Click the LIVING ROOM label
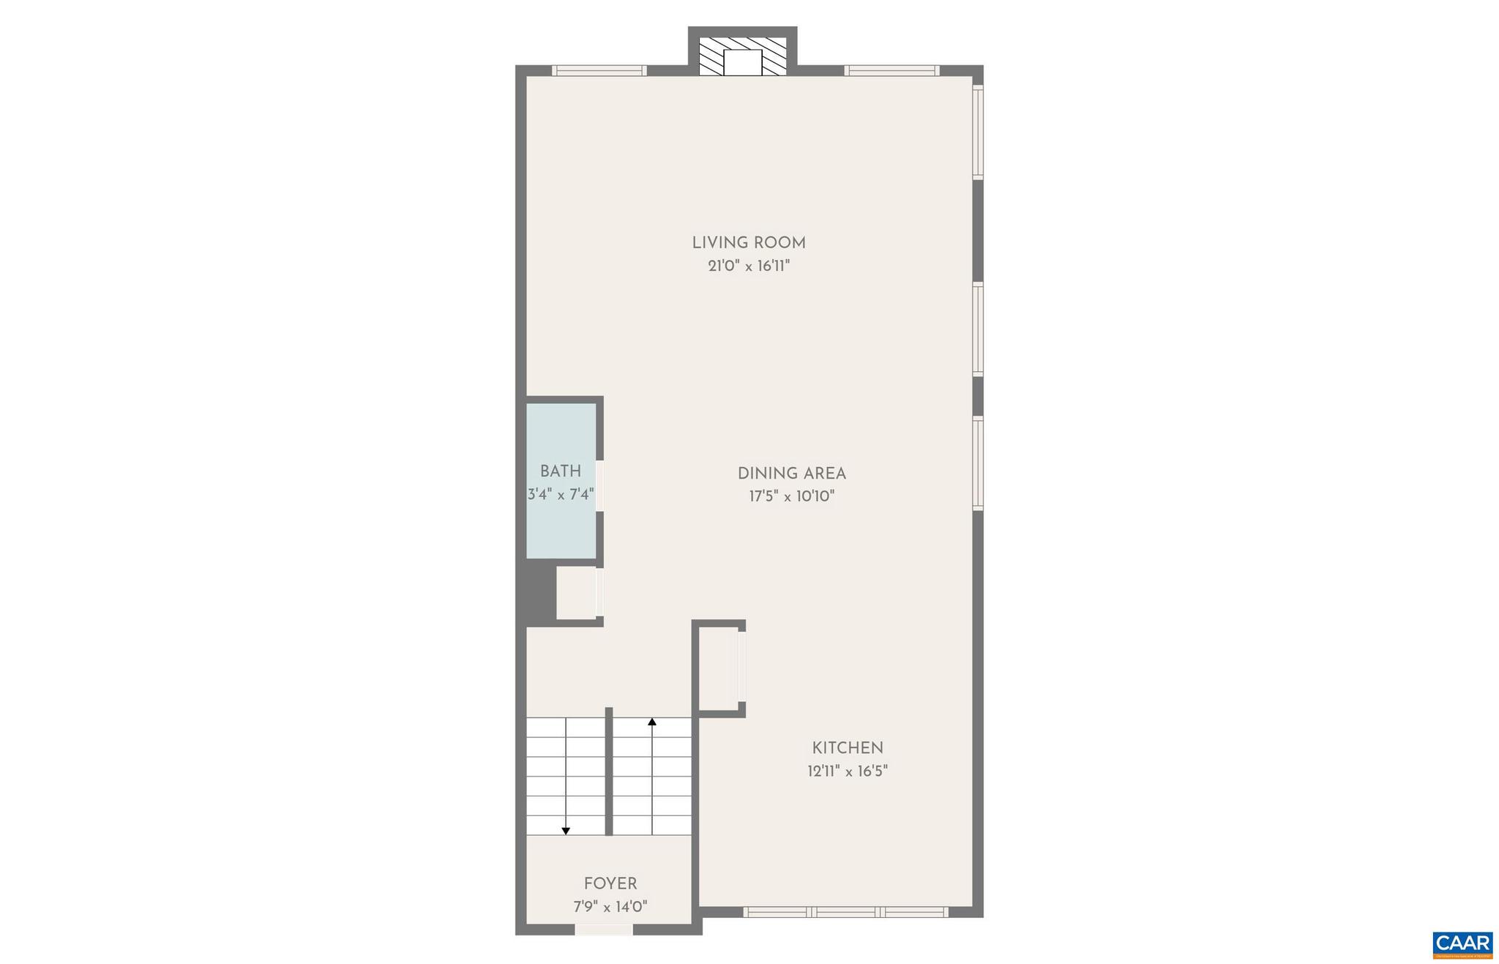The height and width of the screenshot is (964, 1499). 749,242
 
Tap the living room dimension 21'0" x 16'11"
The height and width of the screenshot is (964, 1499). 749,266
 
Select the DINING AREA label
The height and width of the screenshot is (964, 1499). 791,474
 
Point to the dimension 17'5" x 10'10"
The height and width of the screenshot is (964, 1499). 791,496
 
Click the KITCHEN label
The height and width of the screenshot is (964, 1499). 848,748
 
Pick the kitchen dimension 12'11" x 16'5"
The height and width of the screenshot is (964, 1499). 848,771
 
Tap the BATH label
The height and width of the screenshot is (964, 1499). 561,471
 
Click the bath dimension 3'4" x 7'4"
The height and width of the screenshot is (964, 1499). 561,495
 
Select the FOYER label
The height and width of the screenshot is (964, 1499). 610,883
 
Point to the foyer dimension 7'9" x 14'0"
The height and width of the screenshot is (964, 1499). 610,907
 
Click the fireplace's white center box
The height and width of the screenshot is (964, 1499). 742,62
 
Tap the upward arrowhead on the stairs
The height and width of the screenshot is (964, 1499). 652,722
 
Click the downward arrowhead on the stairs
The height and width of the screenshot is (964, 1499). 566,830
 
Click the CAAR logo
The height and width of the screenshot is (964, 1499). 1462,944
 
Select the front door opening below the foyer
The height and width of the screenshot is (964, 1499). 603,930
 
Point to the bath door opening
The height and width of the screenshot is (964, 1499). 599,485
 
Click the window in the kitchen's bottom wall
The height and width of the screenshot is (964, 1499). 845,912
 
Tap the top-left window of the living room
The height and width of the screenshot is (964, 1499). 599,71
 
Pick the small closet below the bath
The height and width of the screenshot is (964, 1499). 577,593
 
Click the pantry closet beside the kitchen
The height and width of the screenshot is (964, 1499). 717,668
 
